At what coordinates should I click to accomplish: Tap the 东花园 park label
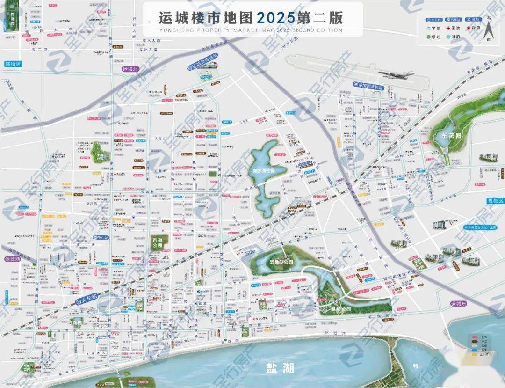click(x=451, y=135)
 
